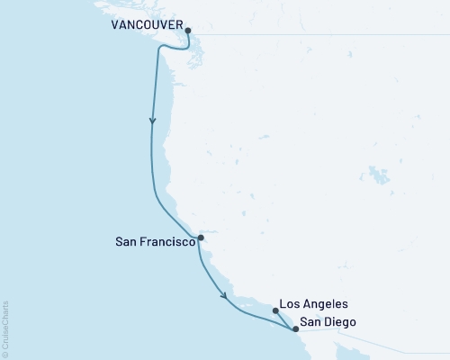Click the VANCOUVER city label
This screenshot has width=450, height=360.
[x=145, y=26]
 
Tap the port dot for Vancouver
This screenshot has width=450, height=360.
[x=187, y=31]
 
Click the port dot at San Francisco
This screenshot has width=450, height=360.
[x=200, y=238]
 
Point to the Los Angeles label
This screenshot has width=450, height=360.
[x=312, y=305]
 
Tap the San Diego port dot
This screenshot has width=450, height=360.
[x=295, y=329]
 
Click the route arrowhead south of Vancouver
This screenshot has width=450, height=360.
[x=153, y=121]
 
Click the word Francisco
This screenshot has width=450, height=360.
[x=167, y=241]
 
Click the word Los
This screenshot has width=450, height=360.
[x=290, y=305]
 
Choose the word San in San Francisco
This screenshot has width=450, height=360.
[x=127, y=241]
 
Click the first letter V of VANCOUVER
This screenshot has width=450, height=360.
[x=116, y=26]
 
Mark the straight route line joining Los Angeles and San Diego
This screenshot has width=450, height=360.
[x=284, y=319]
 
